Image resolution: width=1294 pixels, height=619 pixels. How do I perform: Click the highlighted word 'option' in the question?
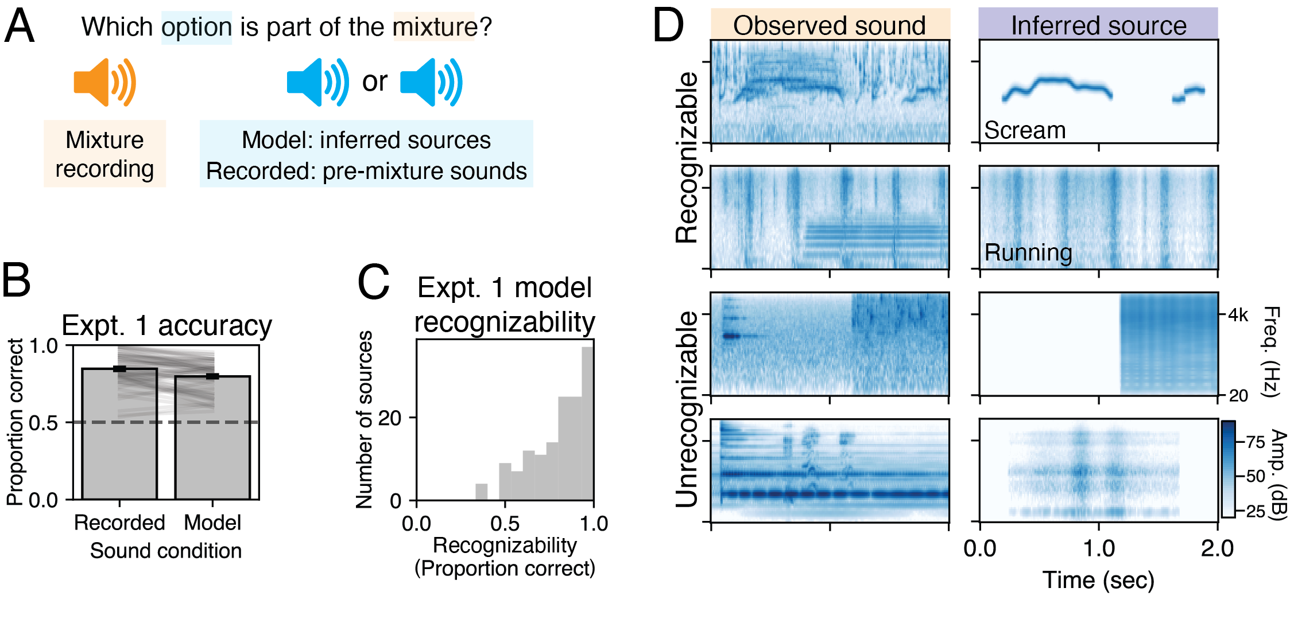tap(196, 27)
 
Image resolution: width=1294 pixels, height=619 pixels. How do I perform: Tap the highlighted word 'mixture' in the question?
tap(434, 27)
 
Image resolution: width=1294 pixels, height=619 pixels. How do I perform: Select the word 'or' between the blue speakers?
tap(374, 81)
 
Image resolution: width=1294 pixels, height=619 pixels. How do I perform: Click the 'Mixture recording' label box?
tap(104, 154)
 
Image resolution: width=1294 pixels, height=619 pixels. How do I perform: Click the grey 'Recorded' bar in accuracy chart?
tap(119, 436)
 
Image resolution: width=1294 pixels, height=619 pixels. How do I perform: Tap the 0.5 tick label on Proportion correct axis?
tap(43, 423)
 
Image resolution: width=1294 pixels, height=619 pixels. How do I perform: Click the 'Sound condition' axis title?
tap(166, 551)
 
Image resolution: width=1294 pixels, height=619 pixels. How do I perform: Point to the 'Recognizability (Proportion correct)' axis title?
tap(505, 557)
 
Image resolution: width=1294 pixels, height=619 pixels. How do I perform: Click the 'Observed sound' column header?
tap(830, 25)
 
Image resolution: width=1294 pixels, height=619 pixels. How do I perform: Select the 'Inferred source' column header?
tap(1098, 25)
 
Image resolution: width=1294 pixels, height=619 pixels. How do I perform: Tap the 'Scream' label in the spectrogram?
tap(1025, 131)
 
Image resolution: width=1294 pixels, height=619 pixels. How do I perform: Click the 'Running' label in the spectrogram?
tap(1028, 252)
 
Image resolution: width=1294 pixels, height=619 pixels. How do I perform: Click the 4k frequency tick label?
tap(1238, 315)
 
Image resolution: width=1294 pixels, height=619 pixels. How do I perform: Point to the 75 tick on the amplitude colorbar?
tap(1256, 442)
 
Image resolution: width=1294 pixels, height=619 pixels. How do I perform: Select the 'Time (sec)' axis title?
tap(1098, 580)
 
